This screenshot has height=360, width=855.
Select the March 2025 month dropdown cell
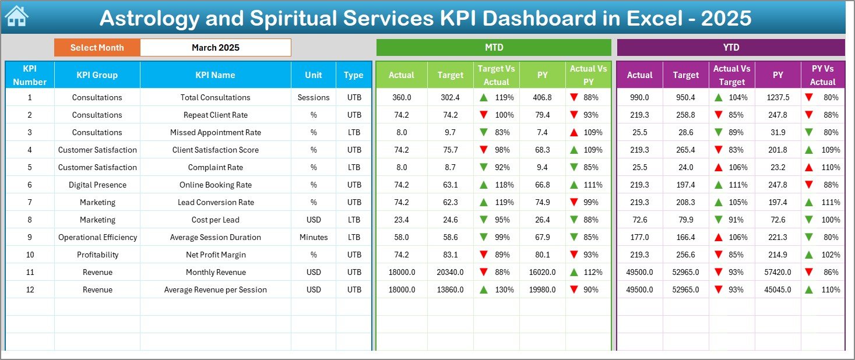click(x=215, y=48)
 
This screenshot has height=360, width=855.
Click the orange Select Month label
click(x=97, y=48)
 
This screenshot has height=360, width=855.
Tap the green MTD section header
click(x=494, y=48)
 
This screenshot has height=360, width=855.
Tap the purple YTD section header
click(x=730, y=48)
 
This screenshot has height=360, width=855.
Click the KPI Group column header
click(x=97, y=75)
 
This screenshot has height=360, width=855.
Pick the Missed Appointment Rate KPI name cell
click(x=215, y=132)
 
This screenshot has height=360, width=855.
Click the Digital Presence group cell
click(x=97, y=185)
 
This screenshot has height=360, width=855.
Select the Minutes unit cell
click(x=314, y=237)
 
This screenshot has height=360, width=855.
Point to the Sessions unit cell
click(x=314, y=97)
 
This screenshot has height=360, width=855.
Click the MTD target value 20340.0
click(x=450, y=272)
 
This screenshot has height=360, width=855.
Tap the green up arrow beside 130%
click(x=483, y=290)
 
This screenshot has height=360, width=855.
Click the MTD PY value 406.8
click(x=542, y=97)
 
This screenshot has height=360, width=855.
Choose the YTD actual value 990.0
click(x=639, y=97)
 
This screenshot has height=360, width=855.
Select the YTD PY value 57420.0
click(x=778, y=272)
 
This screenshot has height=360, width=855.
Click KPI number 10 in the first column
click(x=30, y=255)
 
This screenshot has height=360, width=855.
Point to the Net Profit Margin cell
click(x=215, y=255)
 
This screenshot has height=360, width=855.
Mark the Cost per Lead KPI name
click(x=215, y=220)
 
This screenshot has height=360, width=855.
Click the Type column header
click(x=353, y=75)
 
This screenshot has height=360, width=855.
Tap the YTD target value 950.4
click(x=685, y=97)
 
